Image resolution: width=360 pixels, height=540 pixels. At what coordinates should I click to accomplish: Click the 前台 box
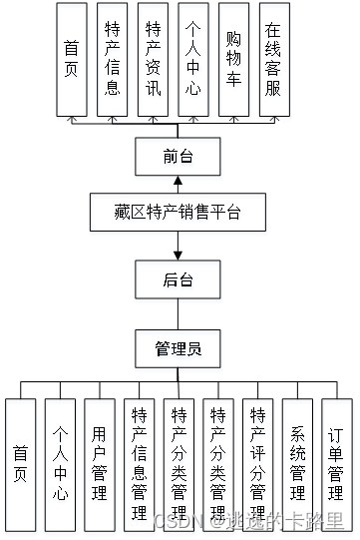point(178,156)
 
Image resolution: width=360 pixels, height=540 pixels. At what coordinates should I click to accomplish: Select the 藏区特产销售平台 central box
point(178,213)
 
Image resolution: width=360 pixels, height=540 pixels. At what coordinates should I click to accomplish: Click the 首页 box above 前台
point(71,59)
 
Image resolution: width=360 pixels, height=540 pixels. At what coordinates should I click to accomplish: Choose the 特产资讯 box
point(153,59)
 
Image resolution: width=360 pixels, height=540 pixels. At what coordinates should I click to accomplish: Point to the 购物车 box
point(233,59)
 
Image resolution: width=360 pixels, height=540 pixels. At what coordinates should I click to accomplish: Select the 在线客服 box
point(273,59)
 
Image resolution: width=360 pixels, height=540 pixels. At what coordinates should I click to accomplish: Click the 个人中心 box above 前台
point(192,59)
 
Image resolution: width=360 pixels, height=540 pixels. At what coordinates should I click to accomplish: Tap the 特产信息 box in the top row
point(112,59)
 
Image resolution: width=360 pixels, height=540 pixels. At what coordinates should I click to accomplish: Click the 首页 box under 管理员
point(20,464)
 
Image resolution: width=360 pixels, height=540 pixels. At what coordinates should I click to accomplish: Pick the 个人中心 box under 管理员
point(60,464)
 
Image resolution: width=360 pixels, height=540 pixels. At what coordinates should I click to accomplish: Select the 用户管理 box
point(99,464)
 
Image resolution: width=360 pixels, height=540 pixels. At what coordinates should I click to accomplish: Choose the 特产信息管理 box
point(139,464)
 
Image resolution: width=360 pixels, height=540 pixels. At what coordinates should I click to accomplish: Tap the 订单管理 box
point(336,464)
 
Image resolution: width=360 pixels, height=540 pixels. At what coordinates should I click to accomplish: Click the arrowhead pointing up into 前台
point(178,182)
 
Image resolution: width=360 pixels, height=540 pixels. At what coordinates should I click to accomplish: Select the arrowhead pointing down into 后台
point(178,254)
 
